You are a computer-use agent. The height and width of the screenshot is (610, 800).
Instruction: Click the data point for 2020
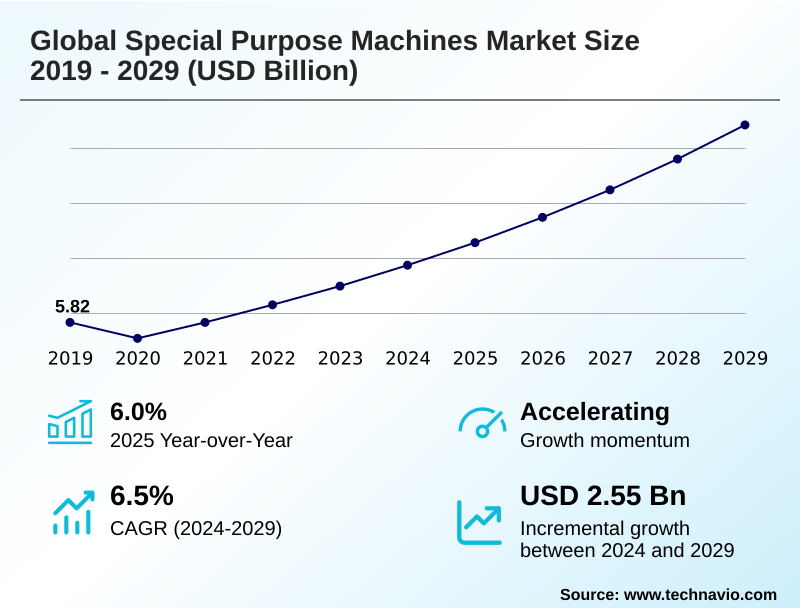pyautogui.click(x=138, y=338)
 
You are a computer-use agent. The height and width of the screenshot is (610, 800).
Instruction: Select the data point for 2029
pyautogui.click(x=745, y=125)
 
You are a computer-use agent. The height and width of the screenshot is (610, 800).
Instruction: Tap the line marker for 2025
pyautogui.click(x=475, y=242)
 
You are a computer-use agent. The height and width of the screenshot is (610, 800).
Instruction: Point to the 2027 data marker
pyautogui.click(x=610, y=189)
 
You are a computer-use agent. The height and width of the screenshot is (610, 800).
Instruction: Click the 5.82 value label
pyautogui.click(x=72, y=306)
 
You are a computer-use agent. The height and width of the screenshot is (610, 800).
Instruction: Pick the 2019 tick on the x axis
pyautogui.click(x=70, y=358)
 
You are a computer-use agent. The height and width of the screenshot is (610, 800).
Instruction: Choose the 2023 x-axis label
pyautogui.click(x=340, y=358)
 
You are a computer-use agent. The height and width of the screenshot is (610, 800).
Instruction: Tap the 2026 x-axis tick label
pyautogui.click(x=543, y=358)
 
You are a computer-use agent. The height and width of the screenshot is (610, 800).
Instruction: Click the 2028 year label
pyautogui.click(x=678, y=358)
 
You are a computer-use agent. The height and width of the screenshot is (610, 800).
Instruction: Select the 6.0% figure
pyautogui.click(x=138, y=411)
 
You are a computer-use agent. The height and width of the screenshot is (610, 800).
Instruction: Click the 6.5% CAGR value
pyautogui.click(x=141, y=496)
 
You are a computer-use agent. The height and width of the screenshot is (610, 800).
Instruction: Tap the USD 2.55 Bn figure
pyautogui.click(x=603, y=496)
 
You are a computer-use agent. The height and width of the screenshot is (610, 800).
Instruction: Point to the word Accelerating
pyautogui.click(x=595, y=411)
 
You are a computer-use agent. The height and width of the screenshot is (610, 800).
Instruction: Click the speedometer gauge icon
pyautogui.click(x=481, y=423)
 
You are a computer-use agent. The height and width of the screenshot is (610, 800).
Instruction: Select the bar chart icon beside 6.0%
pyautogui.click(x=70, y=422)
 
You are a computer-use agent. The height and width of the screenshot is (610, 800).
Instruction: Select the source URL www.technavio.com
pyautogui.click(x=700, y=594)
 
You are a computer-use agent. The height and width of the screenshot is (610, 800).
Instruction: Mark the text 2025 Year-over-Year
pyautogui.click(x=201, y=440)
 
